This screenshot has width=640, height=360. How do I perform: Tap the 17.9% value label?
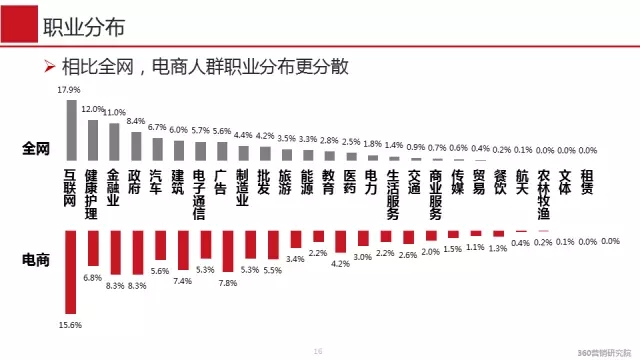coord(68,90)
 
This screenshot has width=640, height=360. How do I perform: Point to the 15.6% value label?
coord(69,325)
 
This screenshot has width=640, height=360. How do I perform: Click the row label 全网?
coord(36,149)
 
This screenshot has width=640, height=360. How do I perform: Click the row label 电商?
coord(36,258)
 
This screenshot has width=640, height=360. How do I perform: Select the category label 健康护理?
coord(92,194)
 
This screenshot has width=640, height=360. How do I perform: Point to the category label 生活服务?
coord(393,194)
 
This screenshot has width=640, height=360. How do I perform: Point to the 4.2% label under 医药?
coord(340,264)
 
